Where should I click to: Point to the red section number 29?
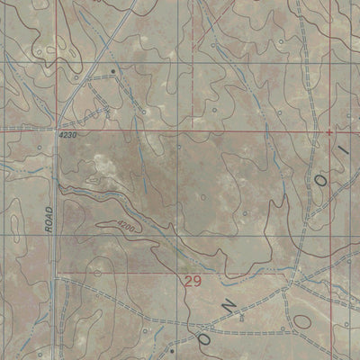coord(191,283)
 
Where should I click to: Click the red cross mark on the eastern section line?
coord(330,131)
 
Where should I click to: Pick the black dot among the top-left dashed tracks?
coord(113,69)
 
